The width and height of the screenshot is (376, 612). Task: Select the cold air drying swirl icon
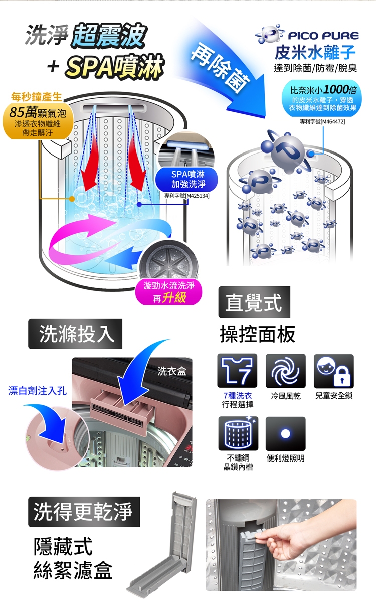coord(285,371)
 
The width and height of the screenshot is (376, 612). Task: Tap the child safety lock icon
coord(334,371)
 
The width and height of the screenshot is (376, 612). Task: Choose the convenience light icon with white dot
coord(285,433)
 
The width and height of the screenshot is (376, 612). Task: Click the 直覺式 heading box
coord(254,302)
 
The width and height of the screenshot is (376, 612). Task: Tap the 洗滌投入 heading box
coord(75,334)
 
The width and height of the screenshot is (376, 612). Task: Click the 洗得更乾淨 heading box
coord(84,511)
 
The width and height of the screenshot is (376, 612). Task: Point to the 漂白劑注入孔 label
coord(37,390)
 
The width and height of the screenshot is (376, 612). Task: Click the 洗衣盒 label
coord(171,371)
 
